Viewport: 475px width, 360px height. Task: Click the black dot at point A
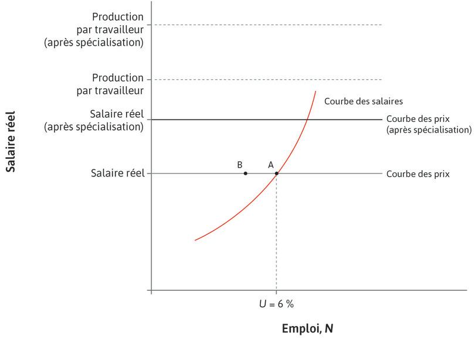click(276, 173)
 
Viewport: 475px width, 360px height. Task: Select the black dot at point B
click(245, 173)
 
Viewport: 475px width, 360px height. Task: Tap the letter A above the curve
click(271, 165)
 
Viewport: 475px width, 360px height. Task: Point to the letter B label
click(240, 165)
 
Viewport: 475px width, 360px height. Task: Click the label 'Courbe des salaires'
click(363, 101)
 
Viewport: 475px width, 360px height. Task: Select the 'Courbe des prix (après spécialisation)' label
click(428, 124)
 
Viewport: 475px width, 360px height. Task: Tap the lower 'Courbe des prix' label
click(418, 174)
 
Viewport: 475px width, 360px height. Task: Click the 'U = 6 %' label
click(276, 304)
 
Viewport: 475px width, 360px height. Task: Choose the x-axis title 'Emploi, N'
click(307, 328)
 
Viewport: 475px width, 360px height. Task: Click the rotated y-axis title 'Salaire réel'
click(11, 142)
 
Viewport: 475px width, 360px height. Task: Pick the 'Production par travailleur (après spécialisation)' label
click(94, 29)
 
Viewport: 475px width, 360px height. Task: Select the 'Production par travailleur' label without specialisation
click(117, 84)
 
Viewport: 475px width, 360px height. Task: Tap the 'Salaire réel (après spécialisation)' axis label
click(94, 120)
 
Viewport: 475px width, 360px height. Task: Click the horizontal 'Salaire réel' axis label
click(117, 173)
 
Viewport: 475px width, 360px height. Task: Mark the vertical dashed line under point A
click(276, 235)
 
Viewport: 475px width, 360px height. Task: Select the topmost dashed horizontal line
click(264, 25)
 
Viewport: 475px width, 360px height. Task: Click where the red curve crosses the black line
click(307, 120)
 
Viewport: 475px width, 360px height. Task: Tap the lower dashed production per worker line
click(264, 79)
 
